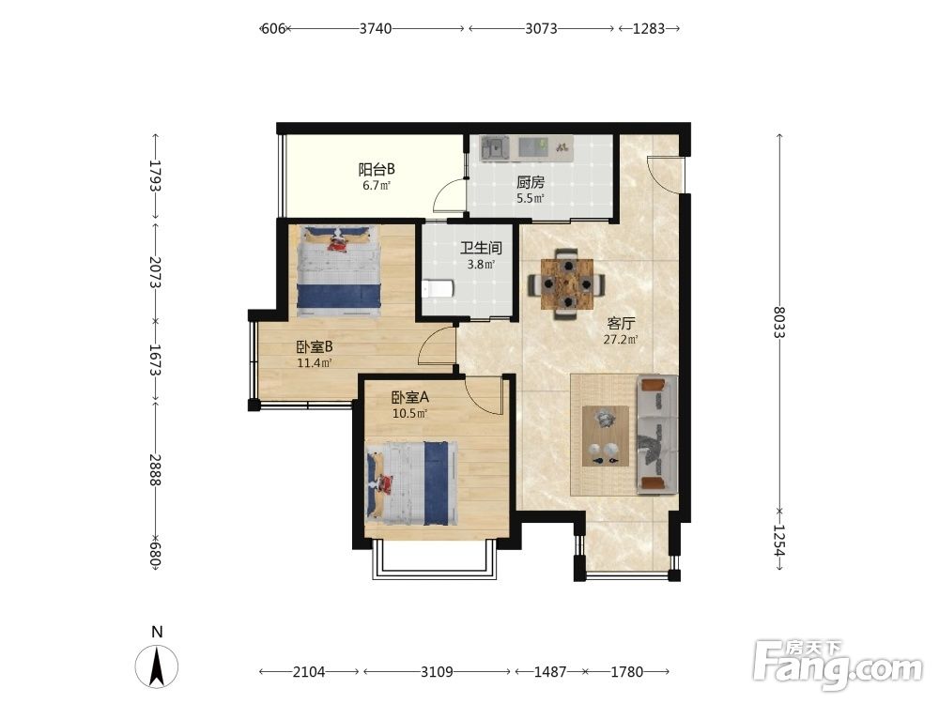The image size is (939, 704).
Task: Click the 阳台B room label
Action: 377,169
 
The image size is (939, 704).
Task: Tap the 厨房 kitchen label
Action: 531,183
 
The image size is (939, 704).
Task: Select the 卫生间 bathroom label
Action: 481,248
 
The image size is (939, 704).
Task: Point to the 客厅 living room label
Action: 621,324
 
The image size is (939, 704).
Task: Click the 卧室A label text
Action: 410,397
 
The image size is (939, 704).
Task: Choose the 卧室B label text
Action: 315,347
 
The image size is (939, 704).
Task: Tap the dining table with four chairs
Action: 566,284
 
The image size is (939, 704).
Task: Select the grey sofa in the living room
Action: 657,435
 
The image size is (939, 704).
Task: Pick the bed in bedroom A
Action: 411,483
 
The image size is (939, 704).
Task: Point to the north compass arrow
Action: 157,666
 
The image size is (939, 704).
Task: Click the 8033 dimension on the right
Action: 779,322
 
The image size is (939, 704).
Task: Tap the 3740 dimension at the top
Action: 376,28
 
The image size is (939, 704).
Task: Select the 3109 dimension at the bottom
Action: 437,672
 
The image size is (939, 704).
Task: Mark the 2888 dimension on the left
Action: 155,469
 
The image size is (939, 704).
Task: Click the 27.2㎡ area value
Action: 621,340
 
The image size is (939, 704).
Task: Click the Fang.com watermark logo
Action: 838,664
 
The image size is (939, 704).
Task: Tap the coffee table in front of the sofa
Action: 606,436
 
